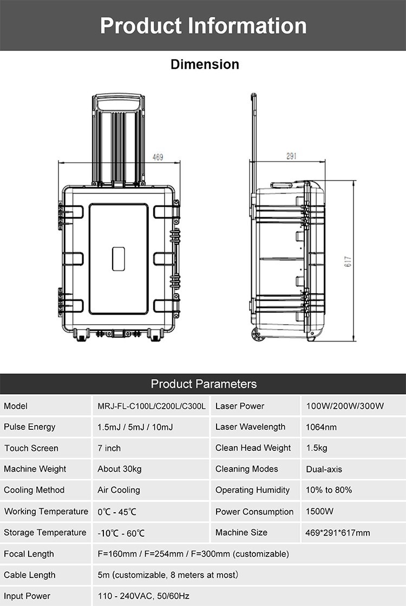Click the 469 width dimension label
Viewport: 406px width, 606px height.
(x=158, y=157)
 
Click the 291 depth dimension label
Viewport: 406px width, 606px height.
(x=291, y=156)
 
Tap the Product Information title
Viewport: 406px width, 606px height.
(x=203, y=25)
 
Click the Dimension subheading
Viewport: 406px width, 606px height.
(x=205, y=65)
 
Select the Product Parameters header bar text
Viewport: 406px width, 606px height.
(x=203, y=384)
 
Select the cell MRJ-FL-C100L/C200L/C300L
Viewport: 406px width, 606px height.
(x=152, y=406)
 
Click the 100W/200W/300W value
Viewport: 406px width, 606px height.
(x=345, y=406)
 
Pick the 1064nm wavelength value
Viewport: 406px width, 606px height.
(x=321, y=427)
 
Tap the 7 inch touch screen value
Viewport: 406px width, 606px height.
(x=109, y=448)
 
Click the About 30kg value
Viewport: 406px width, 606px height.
(x=119, y=469)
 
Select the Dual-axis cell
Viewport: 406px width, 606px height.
(x=324, y=469)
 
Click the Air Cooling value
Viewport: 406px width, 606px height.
(x=119, y=490)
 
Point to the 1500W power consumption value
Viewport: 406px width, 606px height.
(x=319, y=511)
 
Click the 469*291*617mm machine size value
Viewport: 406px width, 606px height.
(x=338, y=532)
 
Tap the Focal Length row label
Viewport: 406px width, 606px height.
(x=29, y=554)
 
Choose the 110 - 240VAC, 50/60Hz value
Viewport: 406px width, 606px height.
(x=143, y=596)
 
